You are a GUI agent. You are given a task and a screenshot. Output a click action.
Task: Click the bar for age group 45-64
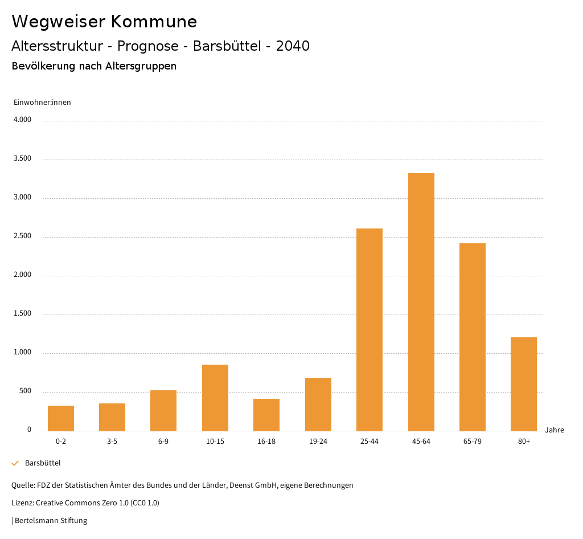[x=421, y=302]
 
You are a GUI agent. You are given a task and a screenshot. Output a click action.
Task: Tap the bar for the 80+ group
[x=524, y=384]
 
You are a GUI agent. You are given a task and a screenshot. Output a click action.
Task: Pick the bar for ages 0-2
[x=61, y=418]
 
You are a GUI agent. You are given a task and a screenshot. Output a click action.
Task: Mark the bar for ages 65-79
[x=473, y=337]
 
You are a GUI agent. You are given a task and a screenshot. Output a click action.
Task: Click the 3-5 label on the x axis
[x=112, y=442]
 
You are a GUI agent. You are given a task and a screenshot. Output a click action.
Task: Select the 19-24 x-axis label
[x=318, y=442]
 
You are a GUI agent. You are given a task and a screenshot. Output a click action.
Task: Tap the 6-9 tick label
[x=163, y=442]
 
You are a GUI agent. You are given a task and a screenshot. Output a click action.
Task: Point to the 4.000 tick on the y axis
[x=22, y=120]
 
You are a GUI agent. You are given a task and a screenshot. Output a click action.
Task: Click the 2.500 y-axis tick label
[x=22, y=236]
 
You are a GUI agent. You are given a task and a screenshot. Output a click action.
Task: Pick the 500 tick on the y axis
[x=25, y=391]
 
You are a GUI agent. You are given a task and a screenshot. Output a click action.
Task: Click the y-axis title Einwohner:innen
[x=42, y=103]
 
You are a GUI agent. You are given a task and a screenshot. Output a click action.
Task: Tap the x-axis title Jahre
[x=555, y=430]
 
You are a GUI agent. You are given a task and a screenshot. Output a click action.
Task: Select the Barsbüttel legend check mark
[x=15, y=463]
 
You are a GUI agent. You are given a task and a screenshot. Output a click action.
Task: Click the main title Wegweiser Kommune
[x=104, y=21]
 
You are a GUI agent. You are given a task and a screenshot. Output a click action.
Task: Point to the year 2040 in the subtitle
[x=293, y=46]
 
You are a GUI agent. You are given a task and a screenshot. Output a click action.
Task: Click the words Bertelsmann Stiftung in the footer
[x=51, y=520]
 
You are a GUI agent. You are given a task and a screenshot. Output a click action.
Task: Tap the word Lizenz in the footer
[x=22, y=503]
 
